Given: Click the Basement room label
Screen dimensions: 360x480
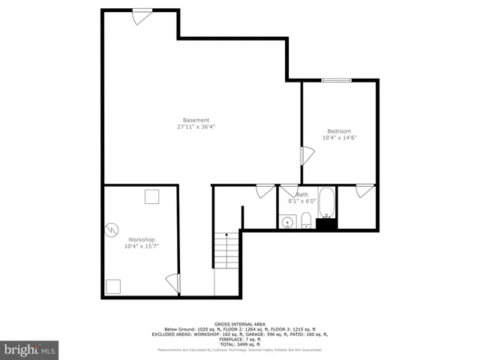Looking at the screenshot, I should coord(196,124).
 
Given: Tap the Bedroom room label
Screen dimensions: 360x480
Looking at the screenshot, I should coord(338,134).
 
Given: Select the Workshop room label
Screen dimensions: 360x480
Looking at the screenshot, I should coord(141,242).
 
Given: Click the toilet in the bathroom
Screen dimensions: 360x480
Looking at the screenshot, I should coord(307,220).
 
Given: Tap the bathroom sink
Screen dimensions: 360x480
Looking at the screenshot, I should coord(287,222).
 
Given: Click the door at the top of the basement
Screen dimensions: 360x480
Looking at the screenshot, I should coord(141,16).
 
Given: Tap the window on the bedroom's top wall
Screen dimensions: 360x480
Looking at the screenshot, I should coord(336,80).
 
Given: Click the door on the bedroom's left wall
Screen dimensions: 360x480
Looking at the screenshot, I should coord(307,156).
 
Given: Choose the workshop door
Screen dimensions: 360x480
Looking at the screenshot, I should coord(173,284).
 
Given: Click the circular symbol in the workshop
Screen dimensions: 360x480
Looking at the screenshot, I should coord(112,228).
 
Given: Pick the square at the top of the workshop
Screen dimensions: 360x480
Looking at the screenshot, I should coord(152,197).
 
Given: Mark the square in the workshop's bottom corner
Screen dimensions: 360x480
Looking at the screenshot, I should coord(113,286).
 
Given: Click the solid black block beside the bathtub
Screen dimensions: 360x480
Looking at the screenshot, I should coord(326,223).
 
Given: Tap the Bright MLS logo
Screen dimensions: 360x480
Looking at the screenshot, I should coord(29,349).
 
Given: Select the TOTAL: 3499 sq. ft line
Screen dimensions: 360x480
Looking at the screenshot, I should coord(239,343).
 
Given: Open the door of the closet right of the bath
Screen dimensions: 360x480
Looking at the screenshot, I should coord(365,190).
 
